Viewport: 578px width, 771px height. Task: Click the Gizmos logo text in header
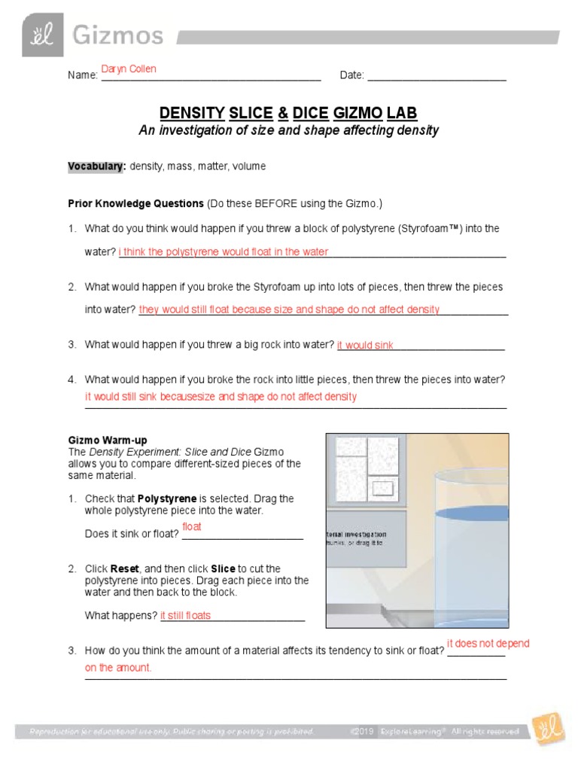(117, 35)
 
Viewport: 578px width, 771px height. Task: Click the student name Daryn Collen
(129, 69)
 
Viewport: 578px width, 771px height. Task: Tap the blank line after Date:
(437, 75)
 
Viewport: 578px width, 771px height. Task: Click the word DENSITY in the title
(192, 114)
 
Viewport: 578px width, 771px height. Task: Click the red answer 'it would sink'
(365, 346)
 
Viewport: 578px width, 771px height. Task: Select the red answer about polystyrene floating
(224, 252)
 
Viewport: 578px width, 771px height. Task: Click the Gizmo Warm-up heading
(108, 440)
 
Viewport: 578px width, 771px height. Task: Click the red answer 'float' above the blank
(192, 526)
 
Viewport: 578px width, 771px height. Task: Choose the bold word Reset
(125, 568)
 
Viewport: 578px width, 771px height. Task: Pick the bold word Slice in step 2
(223, 568)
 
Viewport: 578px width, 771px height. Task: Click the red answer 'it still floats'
(185, 615)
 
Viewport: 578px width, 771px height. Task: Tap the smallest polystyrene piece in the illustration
(383, 489)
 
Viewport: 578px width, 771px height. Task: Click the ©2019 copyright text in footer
(362, 731)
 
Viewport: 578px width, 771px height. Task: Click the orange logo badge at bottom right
(548, 729)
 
